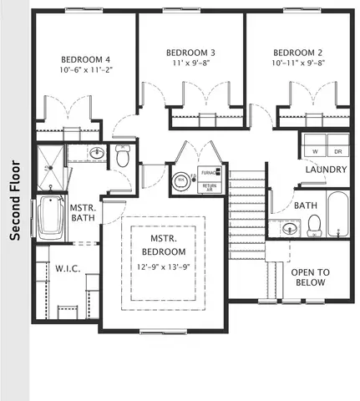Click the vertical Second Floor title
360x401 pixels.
[14, 200]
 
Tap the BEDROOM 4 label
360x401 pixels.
[84, 59]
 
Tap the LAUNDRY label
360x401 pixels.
[326, 170]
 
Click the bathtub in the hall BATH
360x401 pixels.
[336, 215]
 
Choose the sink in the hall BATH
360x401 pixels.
[290, 228]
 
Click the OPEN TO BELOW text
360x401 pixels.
[310, 277]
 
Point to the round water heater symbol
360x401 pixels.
[180, 179]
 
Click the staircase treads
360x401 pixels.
[247, 217]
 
